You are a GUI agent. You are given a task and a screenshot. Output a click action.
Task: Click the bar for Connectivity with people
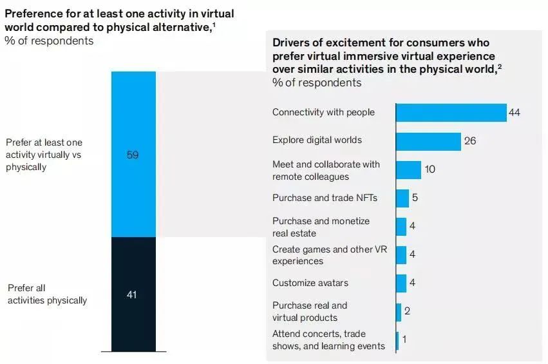[451, 113]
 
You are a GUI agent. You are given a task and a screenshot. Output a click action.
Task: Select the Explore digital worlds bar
[428, 141]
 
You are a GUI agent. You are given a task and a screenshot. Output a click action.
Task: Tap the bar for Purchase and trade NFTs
[402, 198]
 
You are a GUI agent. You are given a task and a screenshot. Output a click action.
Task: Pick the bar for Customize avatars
[401, 283]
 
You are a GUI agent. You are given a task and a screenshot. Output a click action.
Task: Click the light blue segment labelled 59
[133, 155]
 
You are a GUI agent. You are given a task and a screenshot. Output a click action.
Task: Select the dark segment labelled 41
[133, 294]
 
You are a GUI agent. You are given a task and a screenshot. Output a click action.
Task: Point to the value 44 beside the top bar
[514, 113]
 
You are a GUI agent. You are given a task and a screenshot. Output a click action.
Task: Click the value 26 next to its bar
[470, 141]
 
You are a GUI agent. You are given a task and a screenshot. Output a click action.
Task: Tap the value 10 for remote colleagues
[431, 170]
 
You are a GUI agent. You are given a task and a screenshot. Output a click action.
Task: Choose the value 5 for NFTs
[415, 198]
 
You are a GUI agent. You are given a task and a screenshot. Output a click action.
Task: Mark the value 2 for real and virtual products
[407, 312]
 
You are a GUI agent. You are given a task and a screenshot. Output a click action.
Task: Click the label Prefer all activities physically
[47, 294]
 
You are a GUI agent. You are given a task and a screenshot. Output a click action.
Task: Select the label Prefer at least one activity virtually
[44, 155]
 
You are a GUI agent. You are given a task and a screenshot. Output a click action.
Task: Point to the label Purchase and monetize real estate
[321, 227]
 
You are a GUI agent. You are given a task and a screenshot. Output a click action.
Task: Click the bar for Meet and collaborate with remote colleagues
[408, 170]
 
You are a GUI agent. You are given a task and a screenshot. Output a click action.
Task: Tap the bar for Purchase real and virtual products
[399, 312]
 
